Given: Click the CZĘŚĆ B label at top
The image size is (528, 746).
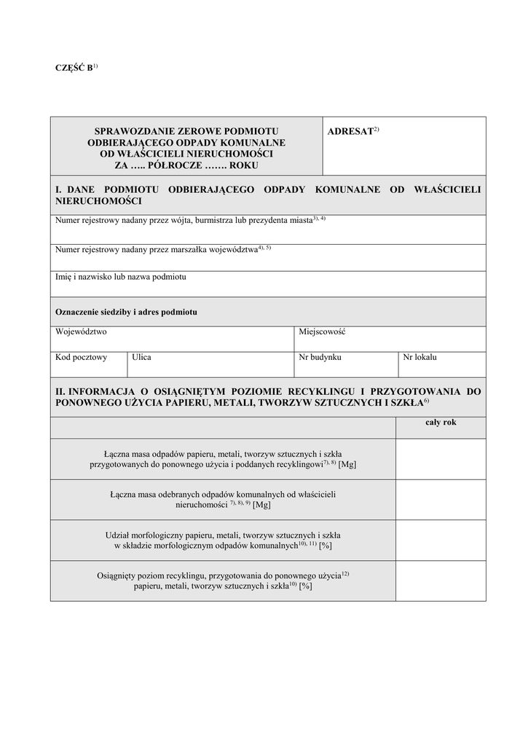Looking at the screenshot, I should pos(74,68).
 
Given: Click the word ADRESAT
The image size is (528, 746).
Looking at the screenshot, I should pos(350,131).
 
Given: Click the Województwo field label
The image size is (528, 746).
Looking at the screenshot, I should pos(81,331).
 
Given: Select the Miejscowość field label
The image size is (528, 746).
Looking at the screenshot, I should pos(322,331).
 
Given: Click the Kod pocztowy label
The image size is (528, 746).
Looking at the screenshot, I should pos(81,357).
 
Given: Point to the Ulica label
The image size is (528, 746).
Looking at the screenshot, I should pos(141,357).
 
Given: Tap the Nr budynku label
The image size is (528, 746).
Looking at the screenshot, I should pos(320,357).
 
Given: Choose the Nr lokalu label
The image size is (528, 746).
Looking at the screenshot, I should pos(420,357).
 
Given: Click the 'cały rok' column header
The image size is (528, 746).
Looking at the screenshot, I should pos(441,423).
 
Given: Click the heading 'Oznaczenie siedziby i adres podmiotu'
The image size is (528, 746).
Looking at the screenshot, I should pos(126,312).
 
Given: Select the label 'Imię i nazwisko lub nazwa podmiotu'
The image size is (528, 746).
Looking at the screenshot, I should pos(121,277).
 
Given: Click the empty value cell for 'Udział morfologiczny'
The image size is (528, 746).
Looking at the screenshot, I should pos(441,540).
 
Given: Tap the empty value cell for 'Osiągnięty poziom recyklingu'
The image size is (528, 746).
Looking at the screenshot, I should pos(441,581).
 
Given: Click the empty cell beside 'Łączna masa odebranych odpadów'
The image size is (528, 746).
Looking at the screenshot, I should pos(441,499).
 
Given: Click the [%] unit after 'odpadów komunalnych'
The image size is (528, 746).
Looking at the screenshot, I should pos(326,545).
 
